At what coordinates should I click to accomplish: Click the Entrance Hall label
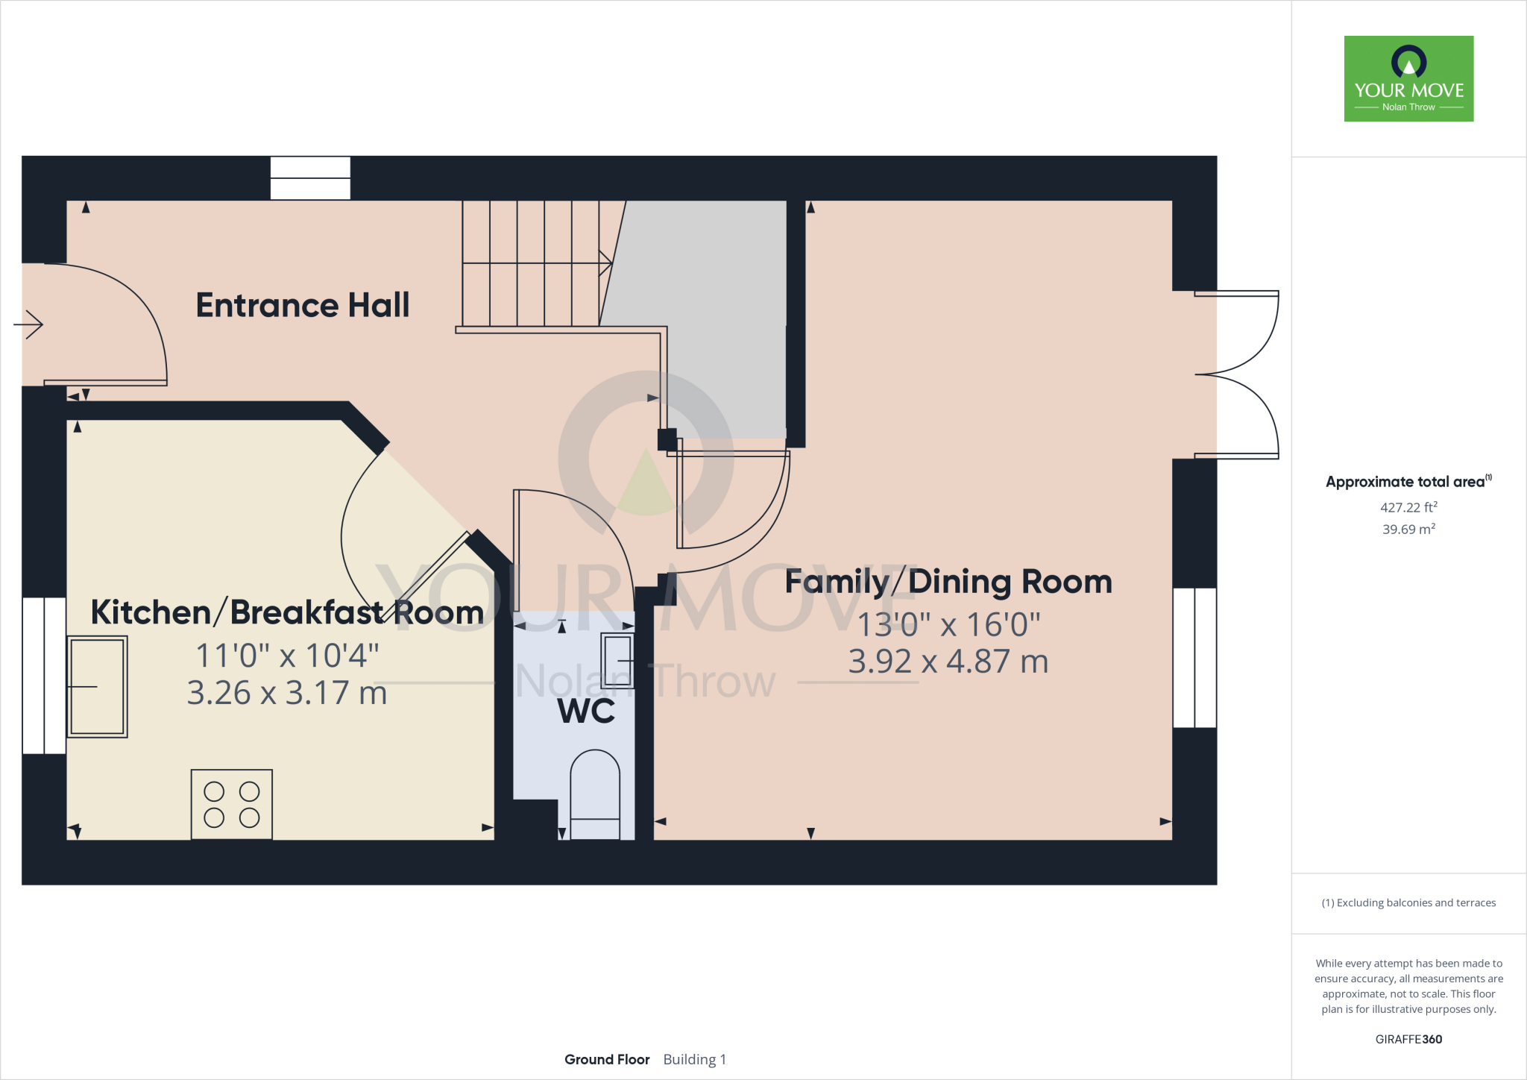(303, 305)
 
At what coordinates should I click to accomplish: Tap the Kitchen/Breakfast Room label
(287, 612)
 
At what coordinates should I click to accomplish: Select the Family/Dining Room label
(948, 582)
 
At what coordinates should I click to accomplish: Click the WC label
(587, 712)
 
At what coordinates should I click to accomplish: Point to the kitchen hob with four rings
(232, 805)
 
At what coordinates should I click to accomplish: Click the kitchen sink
(97, 687)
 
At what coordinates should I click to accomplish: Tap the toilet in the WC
(595, 795)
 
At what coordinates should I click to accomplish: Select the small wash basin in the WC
(617, 661)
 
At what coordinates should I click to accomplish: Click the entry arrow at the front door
(28, 324)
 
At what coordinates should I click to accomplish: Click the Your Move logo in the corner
(1408, 78)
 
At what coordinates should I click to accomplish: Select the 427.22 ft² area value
(1408, 507)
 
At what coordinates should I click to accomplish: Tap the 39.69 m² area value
(1408, 529)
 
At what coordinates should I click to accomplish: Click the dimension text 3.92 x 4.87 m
(948, 662)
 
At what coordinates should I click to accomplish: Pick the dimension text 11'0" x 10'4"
(287, 656)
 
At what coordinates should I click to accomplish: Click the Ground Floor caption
(607, 1060)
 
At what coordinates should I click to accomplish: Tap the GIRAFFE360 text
(1408, 1039)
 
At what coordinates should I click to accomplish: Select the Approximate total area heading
(1408, 481)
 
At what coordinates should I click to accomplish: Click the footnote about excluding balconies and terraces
(1408, 902)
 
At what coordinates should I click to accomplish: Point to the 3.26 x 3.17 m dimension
(287, 693)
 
